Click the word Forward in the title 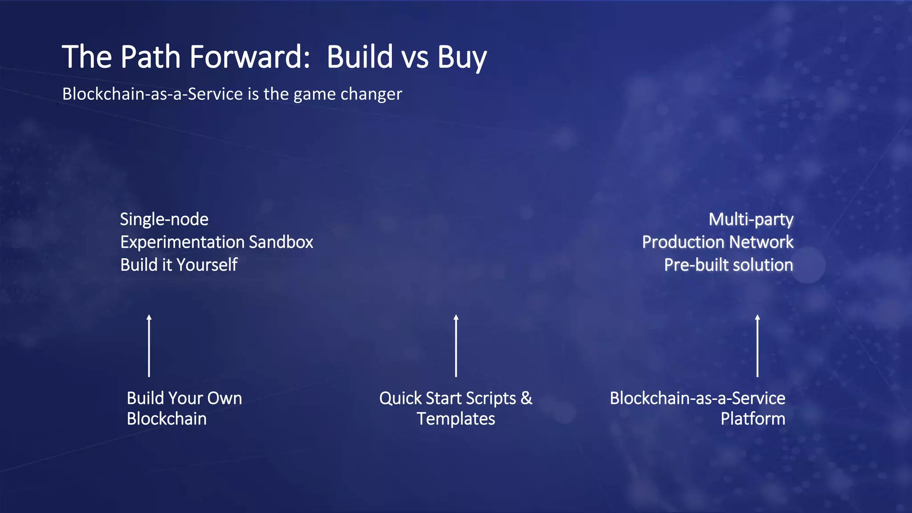[x=250, y=57]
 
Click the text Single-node [x=164, y=219]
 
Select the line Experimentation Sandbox [x=216, y=242]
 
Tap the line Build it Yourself [x=179, y=265]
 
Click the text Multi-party [x=751, y=219]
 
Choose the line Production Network [x=717, y=242]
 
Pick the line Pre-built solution [x=729, y=265]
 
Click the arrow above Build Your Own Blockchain [x=149, y=346]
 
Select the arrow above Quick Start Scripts [x=456, y=346]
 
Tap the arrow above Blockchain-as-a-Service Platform [x=757, y=346]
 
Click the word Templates [x=456, y=419]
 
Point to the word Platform [x=753, y=419]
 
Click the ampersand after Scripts [x=526, y=398]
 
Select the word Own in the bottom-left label [x=225, y=398]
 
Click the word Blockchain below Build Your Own [x=167, y=419]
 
